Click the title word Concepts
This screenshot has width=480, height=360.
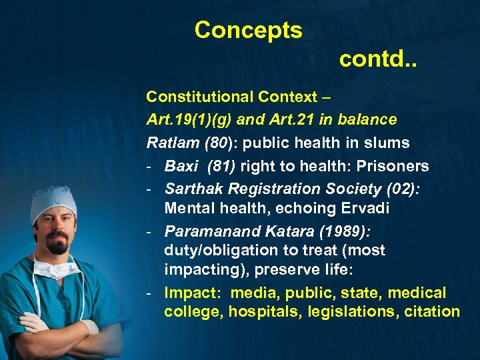pos(248,30)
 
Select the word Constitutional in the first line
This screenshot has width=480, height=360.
pos(198,97)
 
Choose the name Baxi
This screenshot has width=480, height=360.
pos(181,166)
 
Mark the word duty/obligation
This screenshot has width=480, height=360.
pos(221,251)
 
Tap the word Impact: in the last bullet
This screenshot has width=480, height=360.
pos(189,293)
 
